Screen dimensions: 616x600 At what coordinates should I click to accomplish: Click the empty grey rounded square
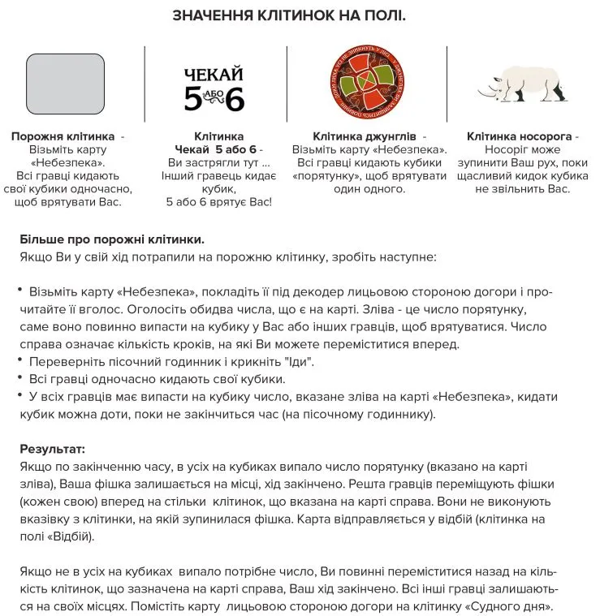(x=67, y=84)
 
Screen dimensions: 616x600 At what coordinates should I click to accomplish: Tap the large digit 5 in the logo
(x=192, y=99)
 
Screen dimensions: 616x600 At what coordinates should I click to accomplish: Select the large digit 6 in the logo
(x=235, y=99)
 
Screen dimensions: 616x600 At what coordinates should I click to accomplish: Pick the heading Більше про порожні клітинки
(x=111, y=240)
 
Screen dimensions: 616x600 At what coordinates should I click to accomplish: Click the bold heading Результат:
(x=53, y=449)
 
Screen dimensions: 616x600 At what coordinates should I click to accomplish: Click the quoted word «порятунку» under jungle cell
(x=326, y=175)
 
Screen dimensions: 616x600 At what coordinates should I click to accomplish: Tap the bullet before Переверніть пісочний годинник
(x=21, y=360)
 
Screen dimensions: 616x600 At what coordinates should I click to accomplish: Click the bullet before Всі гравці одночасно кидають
(x=21, y=378)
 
